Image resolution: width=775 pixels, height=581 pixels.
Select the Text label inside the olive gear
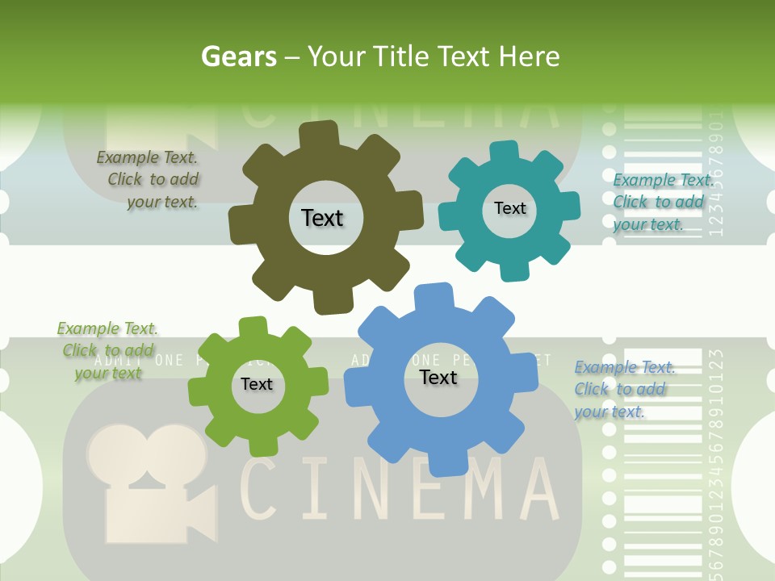click(x=322, y=218)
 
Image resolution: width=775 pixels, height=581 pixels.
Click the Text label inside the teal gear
click(x=509, y=208)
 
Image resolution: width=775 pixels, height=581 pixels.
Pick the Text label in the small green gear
click(x=257, y=384)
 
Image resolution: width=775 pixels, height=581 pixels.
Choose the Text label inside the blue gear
click(x=438, y=378)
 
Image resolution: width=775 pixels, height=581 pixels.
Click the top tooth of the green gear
click(x=253, y=327)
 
